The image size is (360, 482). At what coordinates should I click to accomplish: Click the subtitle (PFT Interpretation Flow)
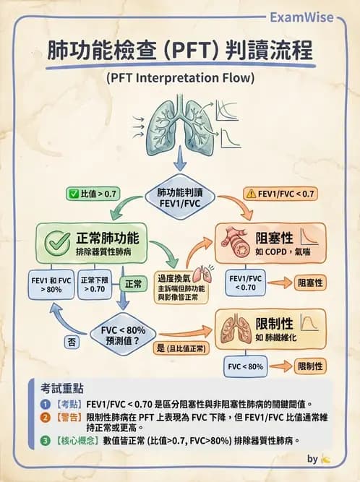click(179, 78)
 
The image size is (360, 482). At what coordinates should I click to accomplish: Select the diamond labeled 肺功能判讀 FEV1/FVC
click(180, 198)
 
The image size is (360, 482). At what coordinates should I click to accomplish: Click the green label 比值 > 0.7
click(95, 194)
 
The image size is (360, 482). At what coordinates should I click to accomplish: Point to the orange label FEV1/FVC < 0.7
click(280, 194)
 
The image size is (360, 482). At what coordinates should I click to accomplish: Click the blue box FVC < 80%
click(246, 366)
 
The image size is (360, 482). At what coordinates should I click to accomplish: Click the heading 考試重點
click(56, 389)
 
